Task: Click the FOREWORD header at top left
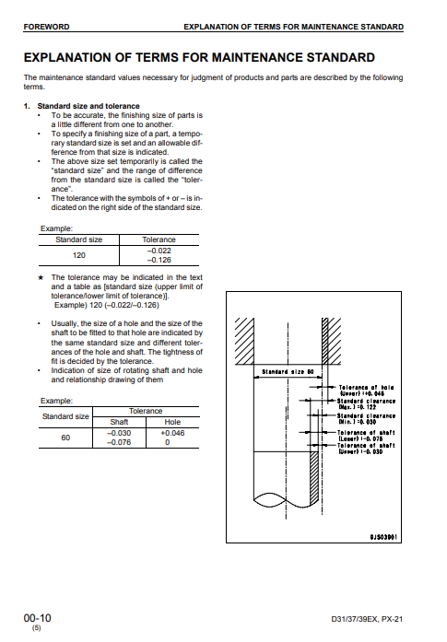point(46,27)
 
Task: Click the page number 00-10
point(37,618)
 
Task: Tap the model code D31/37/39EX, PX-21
point(367,619)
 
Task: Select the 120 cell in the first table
point(78,255)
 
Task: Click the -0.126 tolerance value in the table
point(159,260)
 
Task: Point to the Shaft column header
point(119,422)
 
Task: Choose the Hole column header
point(172,422)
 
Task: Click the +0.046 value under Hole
point(172,433)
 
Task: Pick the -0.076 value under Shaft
point(119,443)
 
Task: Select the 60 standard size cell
point(65,438)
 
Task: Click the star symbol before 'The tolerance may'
point(41,277)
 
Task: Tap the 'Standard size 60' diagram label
point(288,372)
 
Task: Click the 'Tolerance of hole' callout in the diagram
point(366,391)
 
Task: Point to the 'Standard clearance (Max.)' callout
point(366,404)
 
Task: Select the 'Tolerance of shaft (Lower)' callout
point(366,436)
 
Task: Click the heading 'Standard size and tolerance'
point(88,106)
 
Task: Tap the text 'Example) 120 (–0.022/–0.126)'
point(107,306)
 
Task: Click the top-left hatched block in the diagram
point(244,341)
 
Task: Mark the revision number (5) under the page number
point(37,628)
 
